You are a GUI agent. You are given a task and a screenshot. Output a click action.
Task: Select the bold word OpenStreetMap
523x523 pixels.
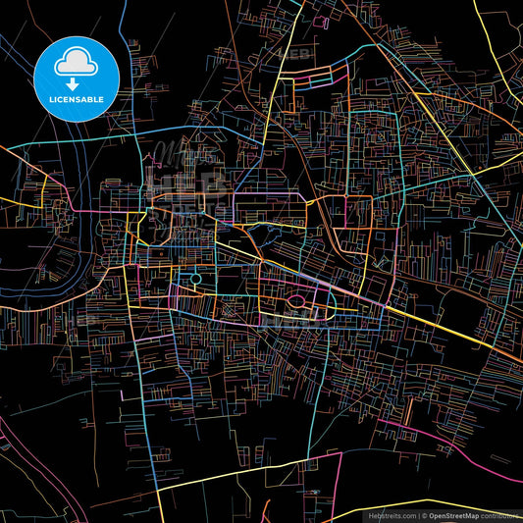(x=453, y=514)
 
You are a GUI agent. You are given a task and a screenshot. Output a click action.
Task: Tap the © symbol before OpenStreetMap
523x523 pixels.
(x=424, y=514)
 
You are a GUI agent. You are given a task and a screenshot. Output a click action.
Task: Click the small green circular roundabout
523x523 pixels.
(x=195, y=281)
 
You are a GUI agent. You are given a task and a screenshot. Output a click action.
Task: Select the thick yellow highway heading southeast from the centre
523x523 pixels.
(x=432, y=329)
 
